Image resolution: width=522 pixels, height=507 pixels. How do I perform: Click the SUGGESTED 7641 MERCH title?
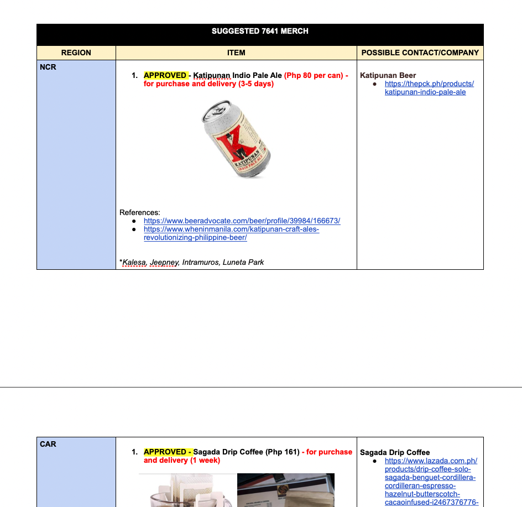click(260, 31)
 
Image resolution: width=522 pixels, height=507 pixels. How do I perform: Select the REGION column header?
click(76, 53)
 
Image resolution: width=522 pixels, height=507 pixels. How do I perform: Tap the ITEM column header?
click(236, 53)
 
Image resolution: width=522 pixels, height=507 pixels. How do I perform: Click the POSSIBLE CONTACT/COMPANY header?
click(420, 53)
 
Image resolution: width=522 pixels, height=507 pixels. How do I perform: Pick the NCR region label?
click(48, 67)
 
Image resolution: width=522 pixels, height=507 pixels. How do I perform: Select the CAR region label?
click(48, 444)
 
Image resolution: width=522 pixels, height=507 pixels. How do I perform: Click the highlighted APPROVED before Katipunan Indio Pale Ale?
click(165, 75)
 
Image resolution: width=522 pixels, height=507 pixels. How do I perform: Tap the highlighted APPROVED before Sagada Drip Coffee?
click(167, 452)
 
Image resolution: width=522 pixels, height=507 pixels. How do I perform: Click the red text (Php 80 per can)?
click(314, 75)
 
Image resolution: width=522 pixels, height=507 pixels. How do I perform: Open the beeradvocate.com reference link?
click(242, 221)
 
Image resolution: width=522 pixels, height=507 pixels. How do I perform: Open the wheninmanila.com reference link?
click(231, 233)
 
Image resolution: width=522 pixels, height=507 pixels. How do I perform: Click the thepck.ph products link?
click(429, 88)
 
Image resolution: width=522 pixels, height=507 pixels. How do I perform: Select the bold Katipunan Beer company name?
click(388, 75)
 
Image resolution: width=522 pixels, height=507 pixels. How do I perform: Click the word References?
click(139, 212)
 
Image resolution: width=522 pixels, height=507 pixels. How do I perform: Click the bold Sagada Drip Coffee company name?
click(394, 452)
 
